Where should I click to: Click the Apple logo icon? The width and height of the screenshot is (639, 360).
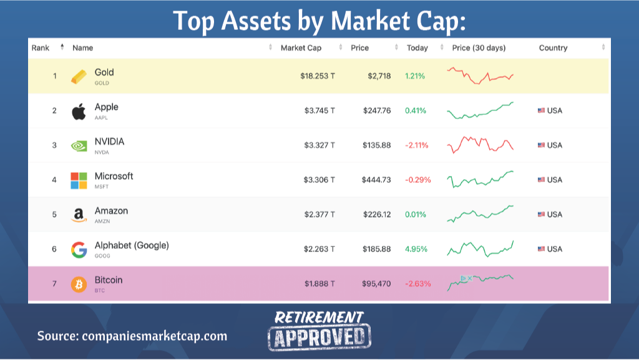79,112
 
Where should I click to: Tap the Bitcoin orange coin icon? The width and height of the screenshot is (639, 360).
79,285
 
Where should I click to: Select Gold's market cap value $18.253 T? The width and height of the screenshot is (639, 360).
317,76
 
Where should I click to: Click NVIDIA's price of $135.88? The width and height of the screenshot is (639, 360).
377,145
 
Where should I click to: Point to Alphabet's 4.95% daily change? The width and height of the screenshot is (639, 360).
416,249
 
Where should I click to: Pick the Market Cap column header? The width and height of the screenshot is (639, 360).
301,48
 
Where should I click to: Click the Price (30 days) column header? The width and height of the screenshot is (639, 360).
479,48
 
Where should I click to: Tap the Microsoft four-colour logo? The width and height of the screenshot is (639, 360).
79,180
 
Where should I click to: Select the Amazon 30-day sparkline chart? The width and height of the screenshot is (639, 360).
480,214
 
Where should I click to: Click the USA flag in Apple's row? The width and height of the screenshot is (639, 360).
541,111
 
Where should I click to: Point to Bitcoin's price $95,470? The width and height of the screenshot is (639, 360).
376,284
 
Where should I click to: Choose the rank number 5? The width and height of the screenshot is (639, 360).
54,215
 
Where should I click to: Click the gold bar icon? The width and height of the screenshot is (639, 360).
79,77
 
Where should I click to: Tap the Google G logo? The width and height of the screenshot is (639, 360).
79,250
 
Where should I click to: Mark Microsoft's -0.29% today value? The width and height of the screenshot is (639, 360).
417,180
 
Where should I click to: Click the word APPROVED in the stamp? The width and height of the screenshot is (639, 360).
319,337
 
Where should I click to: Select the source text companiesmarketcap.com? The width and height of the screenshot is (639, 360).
154,336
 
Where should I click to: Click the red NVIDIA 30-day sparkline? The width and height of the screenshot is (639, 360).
480,144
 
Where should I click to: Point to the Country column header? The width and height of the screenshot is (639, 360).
553,48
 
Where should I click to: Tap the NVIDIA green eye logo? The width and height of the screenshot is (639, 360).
79,146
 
